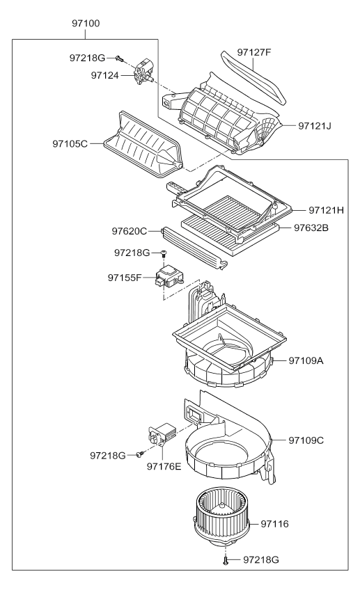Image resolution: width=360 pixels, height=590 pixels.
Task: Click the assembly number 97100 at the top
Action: [86, 24]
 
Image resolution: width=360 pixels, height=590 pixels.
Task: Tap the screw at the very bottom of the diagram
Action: [226, 559]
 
